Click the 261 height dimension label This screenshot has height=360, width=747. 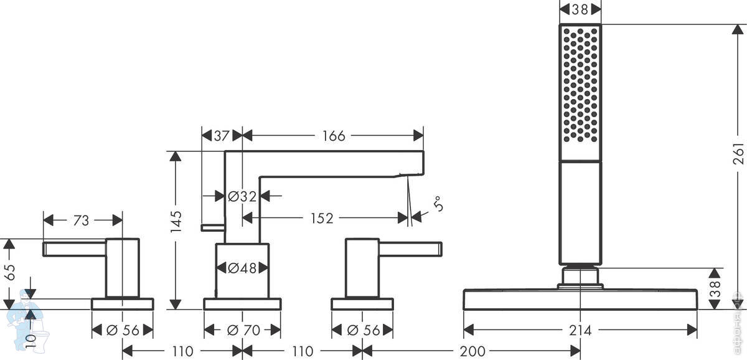click(x=738, y=153)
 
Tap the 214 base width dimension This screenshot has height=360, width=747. click(x=580, y=330)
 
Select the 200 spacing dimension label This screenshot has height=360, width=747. click(x=472, y=351)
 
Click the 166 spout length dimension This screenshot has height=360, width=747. click(x=334, y=136)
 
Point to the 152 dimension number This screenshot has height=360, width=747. click(x=322, y=218)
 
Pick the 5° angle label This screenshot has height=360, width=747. click(x=438, y=204)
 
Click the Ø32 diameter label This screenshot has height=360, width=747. click(x=242, y=196)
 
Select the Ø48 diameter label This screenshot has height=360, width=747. click(x=242, y=268)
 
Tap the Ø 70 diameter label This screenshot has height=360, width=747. click(x=243, y=330)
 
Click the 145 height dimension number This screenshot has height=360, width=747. click(x=176, y=222)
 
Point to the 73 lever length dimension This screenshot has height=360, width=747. click(x=81, y=220)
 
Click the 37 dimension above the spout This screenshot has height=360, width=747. click(x=222, y=136)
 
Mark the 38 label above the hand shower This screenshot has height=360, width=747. click(x=580, y=9)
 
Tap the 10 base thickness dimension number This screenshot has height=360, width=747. click(x=31, y=342)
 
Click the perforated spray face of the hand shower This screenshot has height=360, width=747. click(x=580, y=85)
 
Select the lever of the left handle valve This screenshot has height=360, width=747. click(x=74, y=249)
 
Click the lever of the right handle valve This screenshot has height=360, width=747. click(x=410, y=249)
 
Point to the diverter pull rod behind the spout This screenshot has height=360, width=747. click(x=212, y=228)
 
